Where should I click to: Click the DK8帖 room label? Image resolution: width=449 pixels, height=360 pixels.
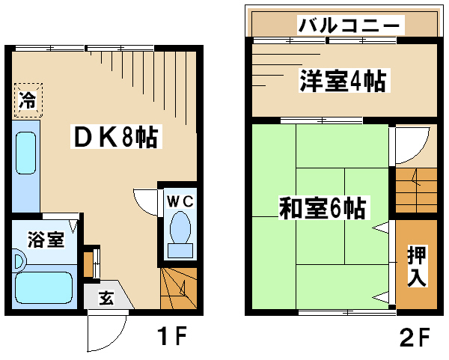tap(116, 137)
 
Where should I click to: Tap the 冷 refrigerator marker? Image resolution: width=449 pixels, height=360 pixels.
tap(28, 100)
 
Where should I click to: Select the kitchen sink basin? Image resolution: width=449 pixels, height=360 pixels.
tap(25, 153)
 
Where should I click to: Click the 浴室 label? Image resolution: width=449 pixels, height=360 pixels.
tap(46, 240)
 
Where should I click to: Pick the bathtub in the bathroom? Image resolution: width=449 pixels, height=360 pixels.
tap(43, 287)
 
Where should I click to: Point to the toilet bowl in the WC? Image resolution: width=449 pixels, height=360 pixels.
tap(180, 228)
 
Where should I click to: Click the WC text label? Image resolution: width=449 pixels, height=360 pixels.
tap(180, 201)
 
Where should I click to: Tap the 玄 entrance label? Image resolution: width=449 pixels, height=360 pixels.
tap(106, 298)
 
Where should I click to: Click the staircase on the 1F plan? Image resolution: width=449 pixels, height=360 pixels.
tap(179, 288)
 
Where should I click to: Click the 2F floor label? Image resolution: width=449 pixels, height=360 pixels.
tap(415, 337)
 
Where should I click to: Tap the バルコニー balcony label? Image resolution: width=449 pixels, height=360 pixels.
tap(350, 25)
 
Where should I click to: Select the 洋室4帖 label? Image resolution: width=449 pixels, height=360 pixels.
tap(343, 80)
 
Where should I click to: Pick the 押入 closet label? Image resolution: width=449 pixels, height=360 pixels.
tap(417, 266)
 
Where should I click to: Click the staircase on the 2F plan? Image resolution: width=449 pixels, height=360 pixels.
tap(416, 190)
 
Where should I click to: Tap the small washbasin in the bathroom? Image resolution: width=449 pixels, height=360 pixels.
tap(19, 261)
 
